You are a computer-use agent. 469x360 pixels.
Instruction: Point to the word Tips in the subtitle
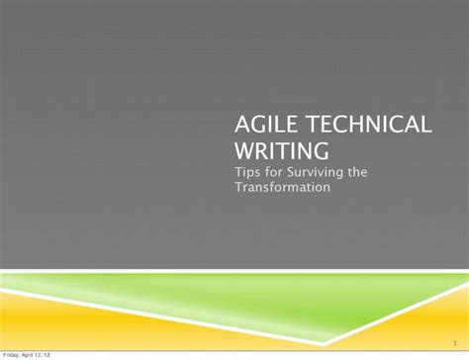247,172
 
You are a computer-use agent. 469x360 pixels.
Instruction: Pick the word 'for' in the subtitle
274,172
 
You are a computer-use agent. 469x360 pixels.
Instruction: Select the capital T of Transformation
238,188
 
